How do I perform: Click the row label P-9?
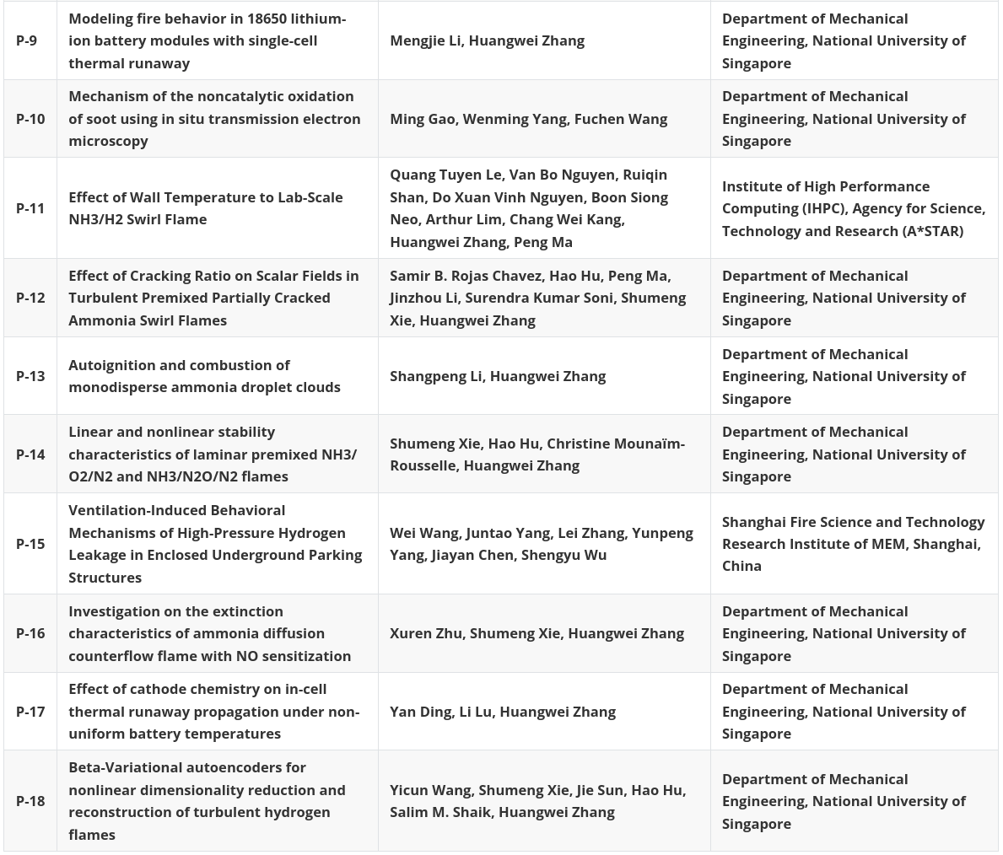(26, 40)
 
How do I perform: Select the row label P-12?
(30, 298)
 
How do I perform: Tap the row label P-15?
(30, 544)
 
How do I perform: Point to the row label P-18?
(30, 801)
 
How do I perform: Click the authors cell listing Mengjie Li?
(487, 40)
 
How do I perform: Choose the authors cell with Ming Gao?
(528, 119)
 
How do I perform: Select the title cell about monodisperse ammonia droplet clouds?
(204, 376)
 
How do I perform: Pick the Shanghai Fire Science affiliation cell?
(853, 544)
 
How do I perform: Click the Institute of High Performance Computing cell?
(853, 208)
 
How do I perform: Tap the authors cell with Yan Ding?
(502, 712)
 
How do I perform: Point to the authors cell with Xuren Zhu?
(537, 633)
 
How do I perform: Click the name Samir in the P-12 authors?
(411, 276)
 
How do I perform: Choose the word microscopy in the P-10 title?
(108, 141)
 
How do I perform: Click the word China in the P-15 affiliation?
(741, 566)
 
